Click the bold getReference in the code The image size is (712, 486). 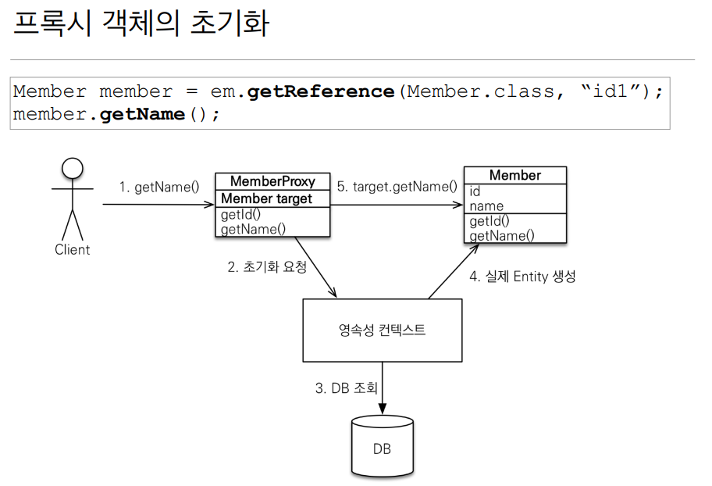coord(321,91)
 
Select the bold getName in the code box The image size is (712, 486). coord(143,114)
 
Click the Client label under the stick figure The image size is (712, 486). coord(72,250)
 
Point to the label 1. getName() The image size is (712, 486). coord(158,188)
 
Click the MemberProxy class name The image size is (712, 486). coord(272,181)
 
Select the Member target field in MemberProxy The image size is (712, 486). coord(266,198)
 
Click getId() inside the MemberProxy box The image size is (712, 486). coord(240,215)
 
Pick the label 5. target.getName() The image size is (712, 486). coord(397,187)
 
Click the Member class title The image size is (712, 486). coord(514,175)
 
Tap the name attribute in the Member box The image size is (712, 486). coord(486,206)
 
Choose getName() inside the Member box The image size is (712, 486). coord(502,235)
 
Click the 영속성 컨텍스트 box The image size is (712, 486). coord(381,330)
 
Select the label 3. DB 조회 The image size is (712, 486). coord(347,388)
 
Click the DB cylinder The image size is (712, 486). coord(382,446)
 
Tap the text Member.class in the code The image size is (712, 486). coord(481,91)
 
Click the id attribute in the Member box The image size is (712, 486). coord(475,191)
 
